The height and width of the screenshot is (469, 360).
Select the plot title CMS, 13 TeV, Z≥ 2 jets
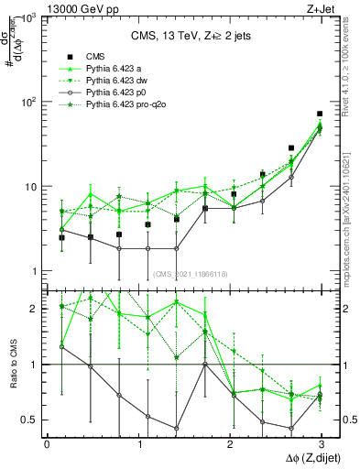pos(184,37)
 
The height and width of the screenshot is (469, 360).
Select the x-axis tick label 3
pos(320,443)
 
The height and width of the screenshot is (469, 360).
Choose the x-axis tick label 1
pos(138,443)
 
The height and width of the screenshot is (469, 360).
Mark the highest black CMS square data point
pos(320,114)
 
